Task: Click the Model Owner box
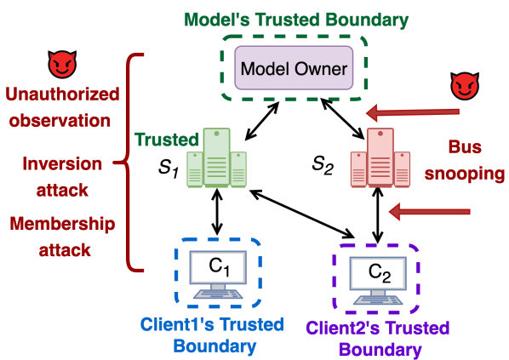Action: pyautogui.click(x=294, y=69)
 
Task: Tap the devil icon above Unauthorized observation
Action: pyautogui.click(x=61, y=64)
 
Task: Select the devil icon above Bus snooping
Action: pyautogui.click(x=464, y=84)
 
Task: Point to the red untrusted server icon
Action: pyautogui.click(x=380, y=158)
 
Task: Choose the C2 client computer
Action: pyautogui.click(x=377, y=277)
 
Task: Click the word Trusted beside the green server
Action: pyautogui.click(x=166, y=139)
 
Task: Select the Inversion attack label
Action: pyautogui.click(x=62, y=175)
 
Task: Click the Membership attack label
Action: pyautogui.click(x=62, y=237)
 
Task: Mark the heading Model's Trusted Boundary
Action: pyautogui.click(x=296, y=19)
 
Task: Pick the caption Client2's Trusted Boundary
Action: pyautogui.click(x=377, y=338)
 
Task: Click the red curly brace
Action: pyautogui.click(x=129, y=163)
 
